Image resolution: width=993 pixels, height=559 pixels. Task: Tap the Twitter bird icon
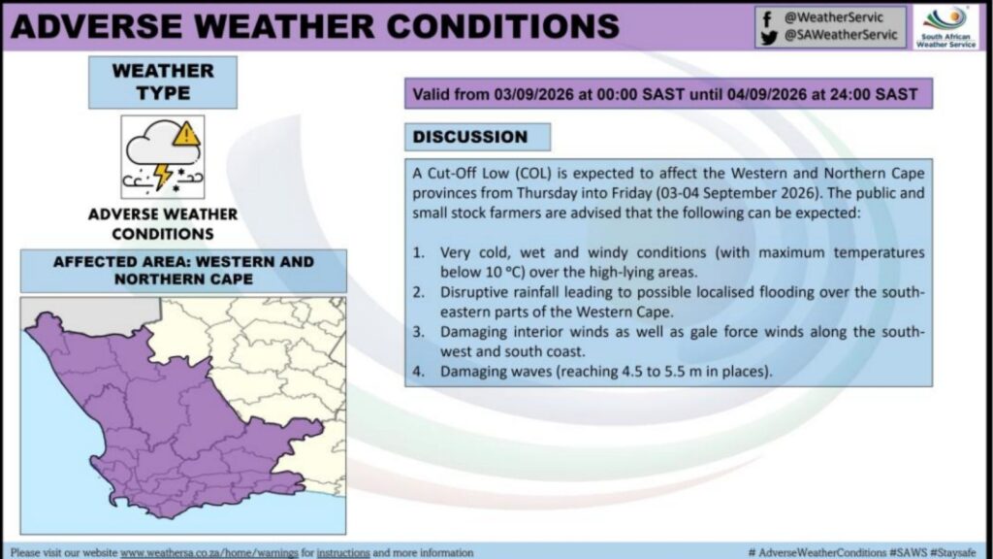coord(769,38)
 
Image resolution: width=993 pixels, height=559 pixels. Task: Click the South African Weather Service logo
coord(946,26)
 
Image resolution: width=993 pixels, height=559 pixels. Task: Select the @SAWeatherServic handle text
coord(841,36)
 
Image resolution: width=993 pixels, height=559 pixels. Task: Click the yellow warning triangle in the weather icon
coord(186,135)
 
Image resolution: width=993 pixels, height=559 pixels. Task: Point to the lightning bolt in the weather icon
coord(163,176)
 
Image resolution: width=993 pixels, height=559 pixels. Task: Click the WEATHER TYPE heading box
coord(163,82)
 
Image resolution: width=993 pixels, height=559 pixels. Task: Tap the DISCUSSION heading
coord(470,137)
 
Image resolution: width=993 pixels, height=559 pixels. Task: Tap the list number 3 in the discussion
coord(419,332)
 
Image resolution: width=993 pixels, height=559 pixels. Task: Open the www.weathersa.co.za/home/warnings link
coord(209,553)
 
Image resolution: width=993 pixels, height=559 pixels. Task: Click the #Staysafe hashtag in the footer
coord(952,553)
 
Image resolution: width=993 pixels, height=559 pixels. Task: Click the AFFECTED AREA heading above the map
coord(183,271)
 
